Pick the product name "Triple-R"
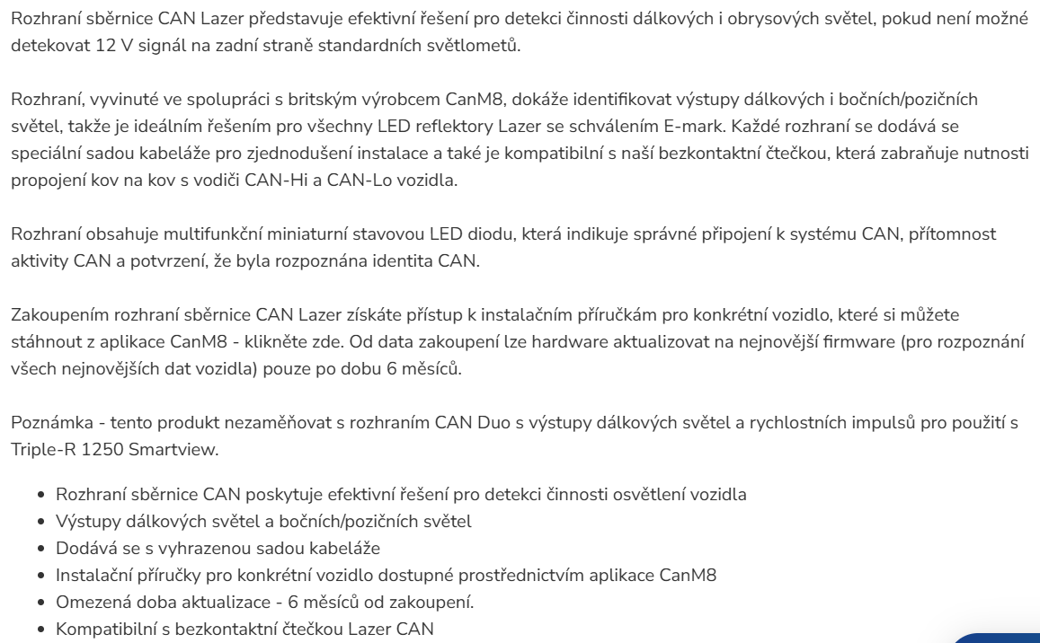click(42, 449)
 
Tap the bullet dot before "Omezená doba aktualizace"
click(42, 603)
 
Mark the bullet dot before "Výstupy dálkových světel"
click(42, 522)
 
